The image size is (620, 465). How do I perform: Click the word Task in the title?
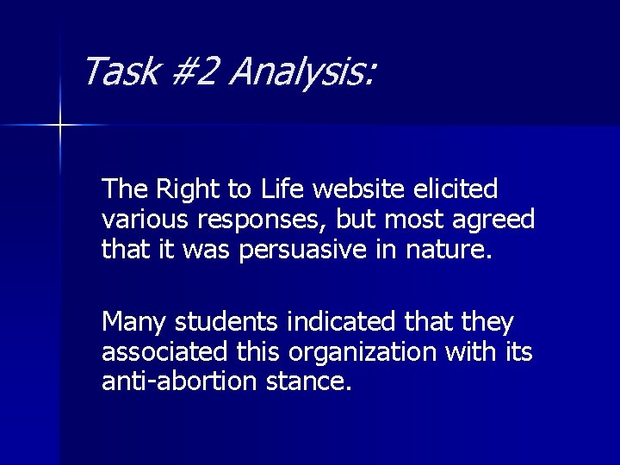pos(120,71)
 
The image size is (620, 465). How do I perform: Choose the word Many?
pos(134,324)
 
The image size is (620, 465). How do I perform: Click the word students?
pos(226,323)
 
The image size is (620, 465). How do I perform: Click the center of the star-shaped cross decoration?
pos(60,126)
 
